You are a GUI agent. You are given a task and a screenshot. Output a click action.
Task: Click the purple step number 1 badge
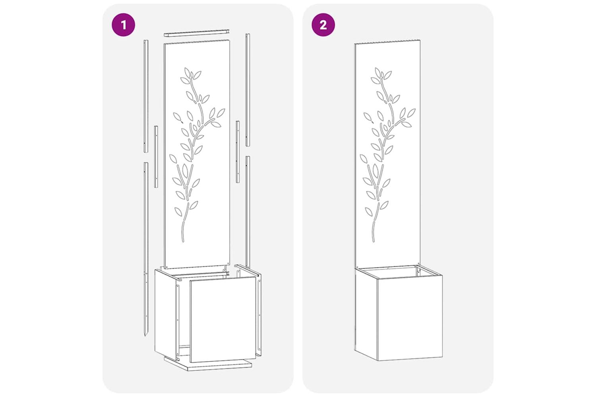[123, 25]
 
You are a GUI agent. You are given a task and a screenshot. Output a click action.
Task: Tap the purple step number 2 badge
[323, 25]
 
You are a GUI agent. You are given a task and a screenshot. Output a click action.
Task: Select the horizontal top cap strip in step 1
[196, 33]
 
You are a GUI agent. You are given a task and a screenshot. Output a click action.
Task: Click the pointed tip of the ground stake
[145, 335]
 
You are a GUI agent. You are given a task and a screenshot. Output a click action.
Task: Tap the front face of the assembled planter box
[410, 318]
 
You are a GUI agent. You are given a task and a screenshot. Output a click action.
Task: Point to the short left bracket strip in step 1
[156, 157]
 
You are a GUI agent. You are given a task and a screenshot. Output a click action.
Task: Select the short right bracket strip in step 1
[238, 152]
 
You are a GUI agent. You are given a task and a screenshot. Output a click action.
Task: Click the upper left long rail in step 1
[146, 96]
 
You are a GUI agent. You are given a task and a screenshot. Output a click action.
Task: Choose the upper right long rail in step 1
[248, 90]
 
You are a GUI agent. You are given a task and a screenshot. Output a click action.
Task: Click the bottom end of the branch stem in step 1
[183, 242]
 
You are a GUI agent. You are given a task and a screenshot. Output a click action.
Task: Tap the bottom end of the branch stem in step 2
[373, 241]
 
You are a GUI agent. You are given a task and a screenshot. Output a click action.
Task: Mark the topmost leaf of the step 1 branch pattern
[187, 72]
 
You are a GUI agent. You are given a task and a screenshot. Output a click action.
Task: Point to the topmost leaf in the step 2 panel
[378, 72]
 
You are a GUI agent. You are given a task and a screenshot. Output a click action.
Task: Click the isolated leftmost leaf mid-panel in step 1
[177, 116]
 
